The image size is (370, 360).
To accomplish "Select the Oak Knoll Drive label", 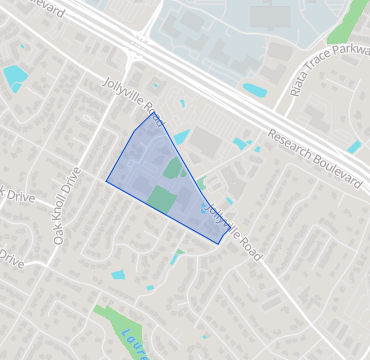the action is click(x=65, y=207).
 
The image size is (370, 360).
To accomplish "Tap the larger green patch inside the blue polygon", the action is click(x=160, y=197).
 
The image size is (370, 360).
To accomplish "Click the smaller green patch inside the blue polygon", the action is click(x=173, y=168).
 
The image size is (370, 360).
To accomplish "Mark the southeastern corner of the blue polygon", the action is click(x=220, y=243).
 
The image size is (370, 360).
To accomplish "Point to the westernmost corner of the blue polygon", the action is click(x=107, y=181).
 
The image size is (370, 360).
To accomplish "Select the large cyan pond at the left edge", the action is click(x=15, y=76).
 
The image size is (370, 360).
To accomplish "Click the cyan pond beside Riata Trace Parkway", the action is click(x=255, y=90).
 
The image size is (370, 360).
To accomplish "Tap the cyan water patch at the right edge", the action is click(x=354, y=147).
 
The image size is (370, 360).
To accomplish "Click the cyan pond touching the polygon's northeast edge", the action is click(x=182, y=137).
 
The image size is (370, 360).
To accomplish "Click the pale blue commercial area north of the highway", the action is click(x=250, y=30).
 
